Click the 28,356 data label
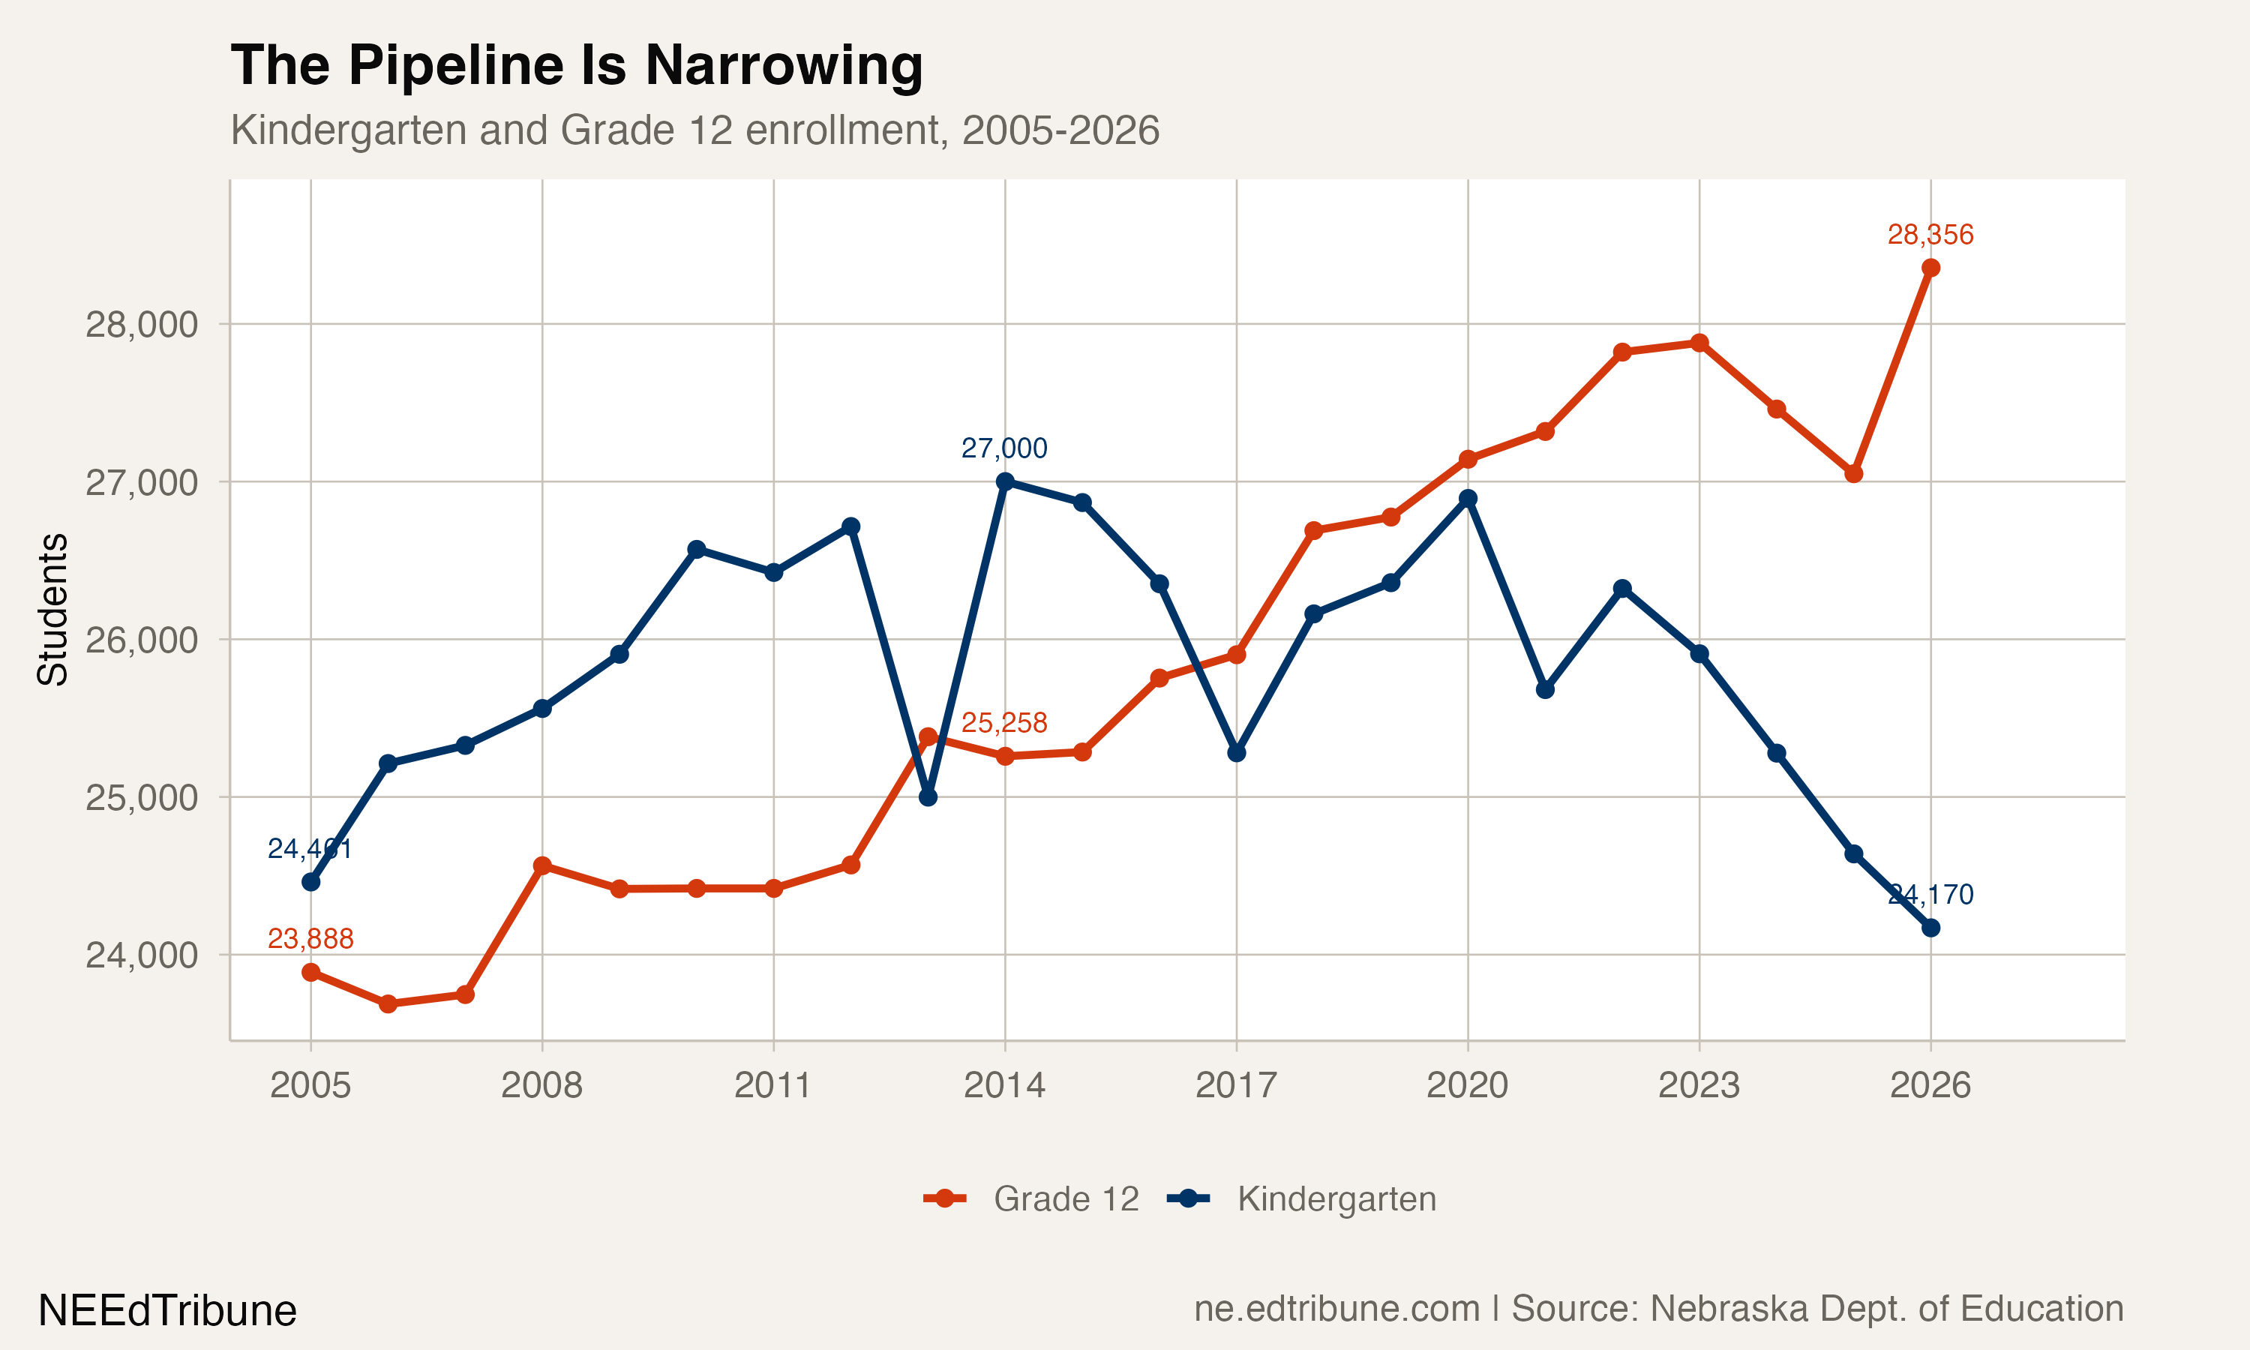coord(1930,235)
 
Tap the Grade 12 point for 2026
coord(1930,268)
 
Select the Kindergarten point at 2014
coord(1005,481)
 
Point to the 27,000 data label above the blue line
coord(1004,448)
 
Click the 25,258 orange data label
coord(1004,723)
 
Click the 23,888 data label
coord(310,939)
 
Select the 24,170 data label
coord(1930,894)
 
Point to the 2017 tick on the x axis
coord(1236,1085)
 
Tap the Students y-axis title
coord(52,610)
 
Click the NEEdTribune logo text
coord(167,1311)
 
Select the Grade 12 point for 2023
coord(1699,343)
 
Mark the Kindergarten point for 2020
coord(1468,499)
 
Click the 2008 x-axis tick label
coord(542,1085)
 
